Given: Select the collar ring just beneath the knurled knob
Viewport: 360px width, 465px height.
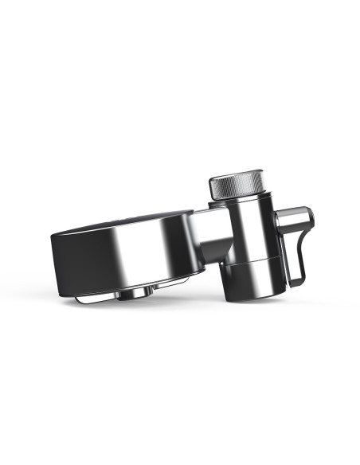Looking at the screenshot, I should pos(239,203).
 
